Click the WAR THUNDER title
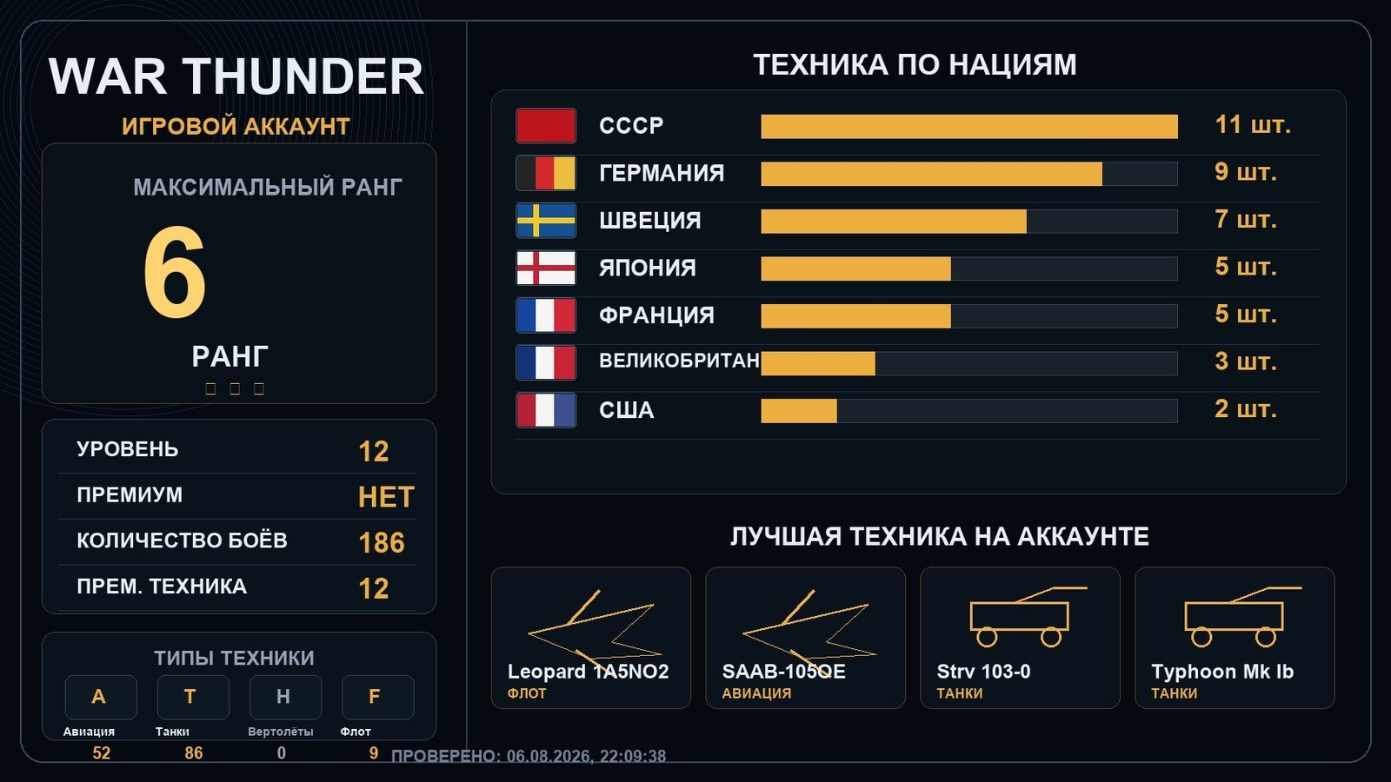point(236,76)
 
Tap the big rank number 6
point(175,272)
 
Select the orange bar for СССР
point(968,127)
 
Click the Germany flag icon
point(546,173)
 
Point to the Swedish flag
point(546,221)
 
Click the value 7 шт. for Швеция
point(1245,220)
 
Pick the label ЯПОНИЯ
point(647,268)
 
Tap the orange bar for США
point(799,411)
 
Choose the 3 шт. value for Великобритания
point(1245,361)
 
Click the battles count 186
point(382,543)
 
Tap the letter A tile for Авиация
point(101,697)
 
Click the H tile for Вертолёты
point(285,697)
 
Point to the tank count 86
point(193,753)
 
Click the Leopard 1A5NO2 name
point(588,672)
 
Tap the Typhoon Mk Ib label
point(1222,672)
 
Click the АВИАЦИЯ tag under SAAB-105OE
point(756,694)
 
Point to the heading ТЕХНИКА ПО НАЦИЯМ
point(915,65)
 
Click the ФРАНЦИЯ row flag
point(546,315)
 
